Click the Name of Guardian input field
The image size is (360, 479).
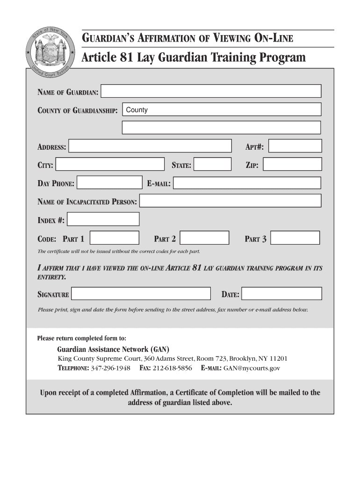(x=211, y=91)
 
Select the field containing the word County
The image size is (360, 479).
(x=222, y=109)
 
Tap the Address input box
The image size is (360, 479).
(x=150, y=146)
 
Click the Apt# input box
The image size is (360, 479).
(x=295, y=146)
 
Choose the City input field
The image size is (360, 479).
(x=110, y=164)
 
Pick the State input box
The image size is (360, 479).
(x=213, y=164)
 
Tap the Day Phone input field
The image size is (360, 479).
(x=109, y=182)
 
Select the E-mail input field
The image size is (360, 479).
(x=247, y=183)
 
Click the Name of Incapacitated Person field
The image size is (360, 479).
(x=230, y=201)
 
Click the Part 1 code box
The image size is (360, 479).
(x=115, y=238)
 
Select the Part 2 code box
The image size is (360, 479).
(x=205, y=238)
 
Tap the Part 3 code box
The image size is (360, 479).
(x=295, y=238)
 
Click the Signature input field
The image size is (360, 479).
(x=141, y=293)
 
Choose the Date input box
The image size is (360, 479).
(x=282, y=293)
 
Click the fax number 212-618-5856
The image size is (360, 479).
(x=172, y=368)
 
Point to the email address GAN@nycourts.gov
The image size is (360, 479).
(x=252, y=368)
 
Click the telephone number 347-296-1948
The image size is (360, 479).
(x=110, y=368)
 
